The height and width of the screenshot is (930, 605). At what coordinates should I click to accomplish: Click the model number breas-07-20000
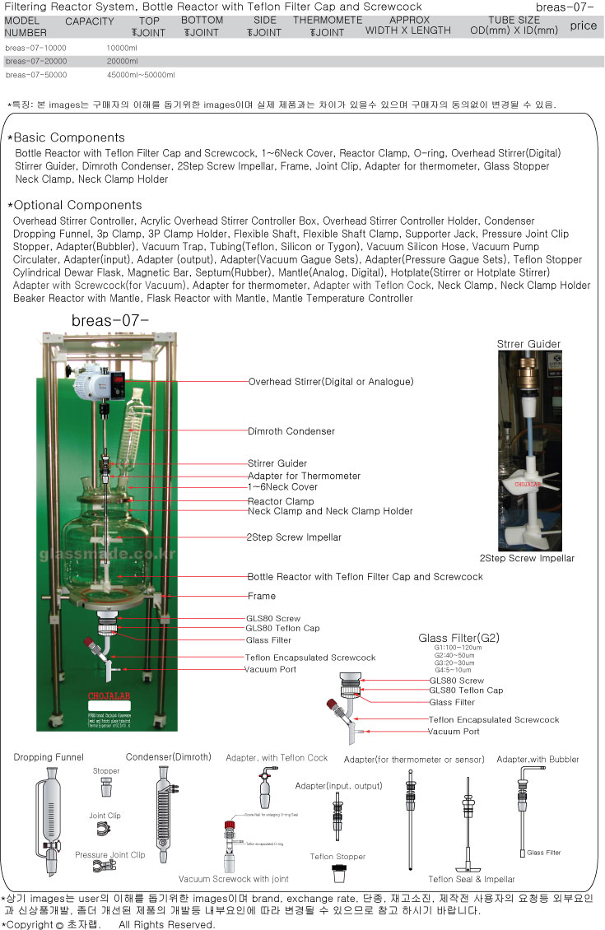(x=35, y=61)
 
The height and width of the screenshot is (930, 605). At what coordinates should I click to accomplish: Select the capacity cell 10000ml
(x=122, y=48)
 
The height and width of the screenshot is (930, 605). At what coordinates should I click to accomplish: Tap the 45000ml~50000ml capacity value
(x=141, y=75)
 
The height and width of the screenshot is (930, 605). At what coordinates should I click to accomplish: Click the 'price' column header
(x=583, y=26)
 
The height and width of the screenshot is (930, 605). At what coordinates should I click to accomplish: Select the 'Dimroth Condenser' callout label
(x=291, y=430)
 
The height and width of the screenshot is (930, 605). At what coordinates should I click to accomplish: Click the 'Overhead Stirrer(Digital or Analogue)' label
(x=331, y=382)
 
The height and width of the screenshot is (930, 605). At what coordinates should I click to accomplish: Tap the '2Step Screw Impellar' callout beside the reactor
(x=294, y=537)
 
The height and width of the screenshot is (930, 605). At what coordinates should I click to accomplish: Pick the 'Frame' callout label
(x=261, y=596)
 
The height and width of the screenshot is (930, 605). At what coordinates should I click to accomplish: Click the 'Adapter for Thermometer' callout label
(x=304, y=476)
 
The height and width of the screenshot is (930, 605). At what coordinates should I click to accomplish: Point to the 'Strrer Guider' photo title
(x=528, y=344)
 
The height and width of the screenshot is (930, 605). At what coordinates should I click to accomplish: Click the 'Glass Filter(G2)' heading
(x=458, y=638)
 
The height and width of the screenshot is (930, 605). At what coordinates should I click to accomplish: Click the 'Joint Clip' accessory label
(x=105, y=816)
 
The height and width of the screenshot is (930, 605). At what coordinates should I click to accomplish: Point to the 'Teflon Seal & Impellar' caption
(x=472, y=879)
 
